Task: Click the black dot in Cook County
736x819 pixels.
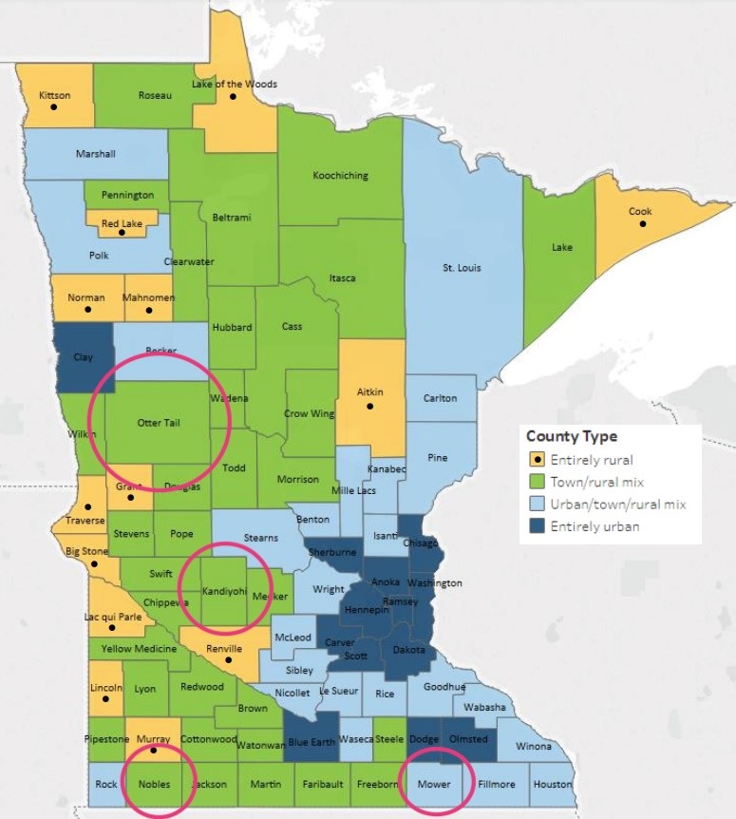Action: point(643,224)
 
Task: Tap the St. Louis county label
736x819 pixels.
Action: point(462,268)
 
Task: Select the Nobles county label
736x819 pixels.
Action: point(153,785)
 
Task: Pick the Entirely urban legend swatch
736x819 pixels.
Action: point(537,526)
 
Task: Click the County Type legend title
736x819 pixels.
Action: point(572,437)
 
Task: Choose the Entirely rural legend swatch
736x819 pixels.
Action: point(537,461)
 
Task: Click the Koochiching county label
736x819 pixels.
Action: point(340,176)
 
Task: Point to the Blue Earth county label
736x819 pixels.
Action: point(311,742)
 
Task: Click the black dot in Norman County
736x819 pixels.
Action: point(87,309)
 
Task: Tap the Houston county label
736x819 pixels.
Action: point(552,785)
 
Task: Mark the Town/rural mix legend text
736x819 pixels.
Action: point(599,483)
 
